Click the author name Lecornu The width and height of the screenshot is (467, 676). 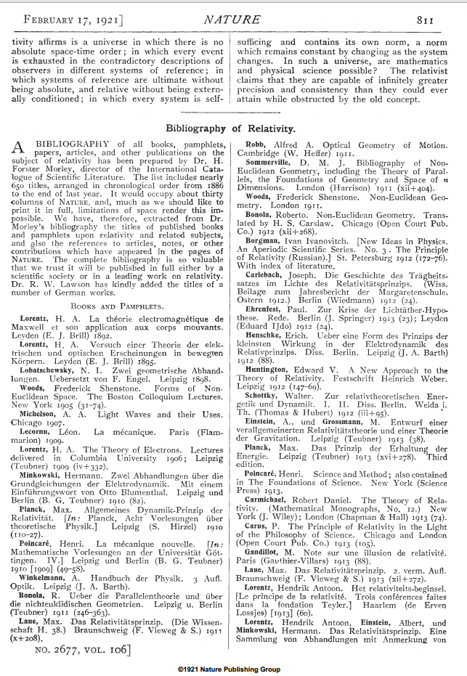coord(44,431)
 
